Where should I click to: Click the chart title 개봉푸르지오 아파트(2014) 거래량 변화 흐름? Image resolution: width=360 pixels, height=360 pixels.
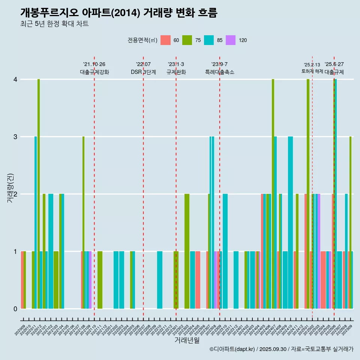(x=118, y=13)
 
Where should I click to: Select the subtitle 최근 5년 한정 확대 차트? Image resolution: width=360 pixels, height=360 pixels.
(x=54, y=24)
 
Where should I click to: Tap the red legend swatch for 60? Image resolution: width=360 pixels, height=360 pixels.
(x=165, y=40)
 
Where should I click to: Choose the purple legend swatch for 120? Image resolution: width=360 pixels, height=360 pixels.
(x=231, y=40)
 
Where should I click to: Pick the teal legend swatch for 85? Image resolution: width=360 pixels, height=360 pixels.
(x=209, y=40)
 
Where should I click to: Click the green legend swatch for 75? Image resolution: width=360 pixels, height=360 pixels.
(x=187, y=40)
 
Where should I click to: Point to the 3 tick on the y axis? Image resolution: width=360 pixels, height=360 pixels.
(x=15, y=137)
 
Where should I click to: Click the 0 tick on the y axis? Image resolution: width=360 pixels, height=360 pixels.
(x=15, y=309)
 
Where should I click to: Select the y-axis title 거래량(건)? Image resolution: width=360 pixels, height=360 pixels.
(x=10, y=187)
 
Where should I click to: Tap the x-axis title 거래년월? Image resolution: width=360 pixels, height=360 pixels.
(x=187, y=340)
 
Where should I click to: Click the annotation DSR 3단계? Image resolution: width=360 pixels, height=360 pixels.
(x=143, y=72)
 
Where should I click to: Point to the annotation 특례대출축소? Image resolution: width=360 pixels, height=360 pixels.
(x=219, y=72)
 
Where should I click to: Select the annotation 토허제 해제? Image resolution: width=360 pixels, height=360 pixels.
(x=312, y=71)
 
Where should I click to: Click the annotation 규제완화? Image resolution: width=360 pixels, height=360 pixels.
(x=176, y=72)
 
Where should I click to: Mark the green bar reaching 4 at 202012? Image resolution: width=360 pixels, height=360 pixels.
(x=39, y=194)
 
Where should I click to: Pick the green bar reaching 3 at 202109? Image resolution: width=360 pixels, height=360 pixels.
(x=84, y=223)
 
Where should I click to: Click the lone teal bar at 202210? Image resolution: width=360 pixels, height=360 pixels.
(x=160, y=280)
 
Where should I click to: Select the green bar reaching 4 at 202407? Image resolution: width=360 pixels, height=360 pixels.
(x=273, y=194)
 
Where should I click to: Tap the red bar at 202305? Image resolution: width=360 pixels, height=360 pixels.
(x=198, y=280)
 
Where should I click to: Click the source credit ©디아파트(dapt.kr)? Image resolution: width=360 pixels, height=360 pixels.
(x=233, y=349)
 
